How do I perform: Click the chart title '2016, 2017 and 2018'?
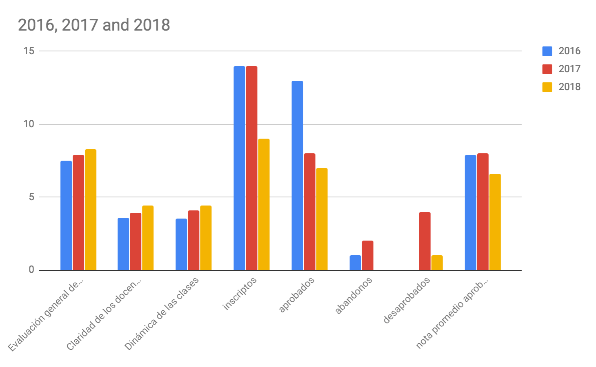pos(94,25)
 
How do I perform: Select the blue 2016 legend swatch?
pos(547,51)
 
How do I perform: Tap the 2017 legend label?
pos(569,69)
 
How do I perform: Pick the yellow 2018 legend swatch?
pos(547,87)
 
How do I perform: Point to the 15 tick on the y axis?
pos(29,51)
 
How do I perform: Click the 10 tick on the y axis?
pos(29,124)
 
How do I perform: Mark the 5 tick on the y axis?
pos(31,197)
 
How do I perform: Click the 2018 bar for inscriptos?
pos(264,204)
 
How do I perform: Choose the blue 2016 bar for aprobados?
pos(297,175)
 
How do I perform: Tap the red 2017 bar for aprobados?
pos(309,212)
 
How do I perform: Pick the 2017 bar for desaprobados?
pos(425,241)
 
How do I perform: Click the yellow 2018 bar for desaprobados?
pos(437,263)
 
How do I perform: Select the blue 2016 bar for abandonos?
pos(355,263)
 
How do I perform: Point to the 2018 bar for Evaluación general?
pos(91,210)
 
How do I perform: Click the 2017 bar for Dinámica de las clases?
pos(193,240)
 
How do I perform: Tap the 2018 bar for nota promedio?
pos(495,222)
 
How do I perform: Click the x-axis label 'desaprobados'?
pos(407,301)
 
